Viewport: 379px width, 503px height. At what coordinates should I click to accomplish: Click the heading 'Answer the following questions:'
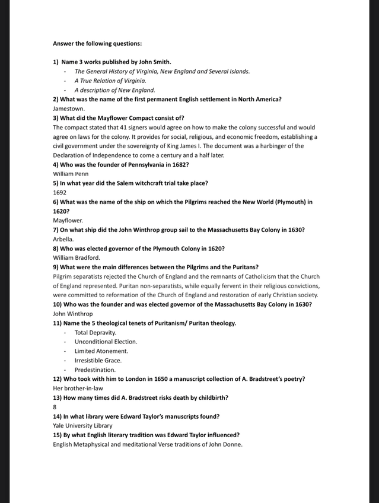(97, 43)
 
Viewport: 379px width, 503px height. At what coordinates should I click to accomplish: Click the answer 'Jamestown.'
(69, 109)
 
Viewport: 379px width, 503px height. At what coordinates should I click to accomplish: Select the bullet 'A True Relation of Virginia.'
(110, 81)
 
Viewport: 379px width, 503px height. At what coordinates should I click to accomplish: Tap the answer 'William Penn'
(71, 174)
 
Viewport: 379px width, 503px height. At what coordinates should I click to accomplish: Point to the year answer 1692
(59, 193)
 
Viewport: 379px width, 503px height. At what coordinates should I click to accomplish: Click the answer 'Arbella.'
(63, 239)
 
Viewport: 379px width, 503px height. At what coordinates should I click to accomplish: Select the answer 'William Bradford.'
(77, 257)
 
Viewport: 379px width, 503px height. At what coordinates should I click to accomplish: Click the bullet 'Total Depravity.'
(95, 332)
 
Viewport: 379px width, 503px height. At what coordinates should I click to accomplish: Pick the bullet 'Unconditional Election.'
(106, 342)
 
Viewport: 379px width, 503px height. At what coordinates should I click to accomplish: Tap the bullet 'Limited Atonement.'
(101, 351)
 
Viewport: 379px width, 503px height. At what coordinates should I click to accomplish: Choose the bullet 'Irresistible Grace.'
(98, 360)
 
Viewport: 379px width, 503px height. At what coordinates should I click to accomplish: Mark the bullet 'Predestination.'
(95, 370)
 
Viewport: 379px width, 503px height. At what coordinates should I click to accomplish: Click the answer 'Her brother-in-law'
(78, 388)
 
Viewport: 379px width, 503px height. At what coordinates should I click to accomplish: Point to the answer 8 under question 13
(55, 407)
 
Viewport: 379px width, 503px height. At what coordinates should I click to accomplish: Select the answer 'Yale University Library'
(82, 425)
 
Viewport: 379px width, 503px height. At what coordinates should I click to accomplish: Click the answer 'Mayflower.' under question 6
(68, 220)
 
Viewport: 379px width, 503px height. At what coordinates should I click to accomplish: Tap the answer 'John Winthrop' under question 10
(73, 314)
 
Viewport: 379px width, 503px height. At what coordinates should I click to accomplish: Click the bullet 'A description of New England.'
(114, 90)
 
